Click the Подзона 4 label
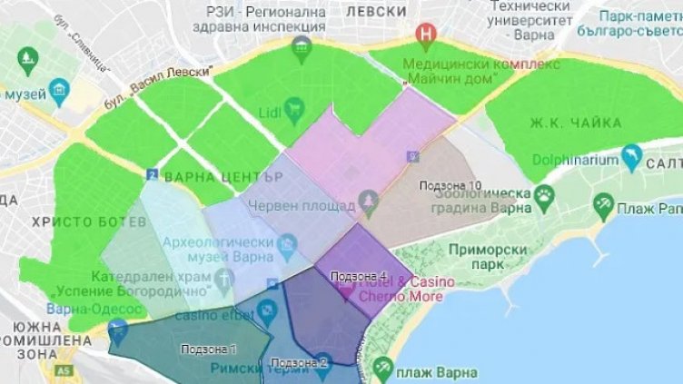tap(359, 276)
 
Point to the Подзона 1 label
tap(209, 349)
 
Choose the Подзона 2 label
tap(299, 362)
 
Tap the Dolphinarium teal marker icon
tap(631, 162)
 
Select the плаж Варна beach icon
tap(382, 369)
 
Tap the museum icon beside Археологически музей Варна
tap(288, 243)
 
